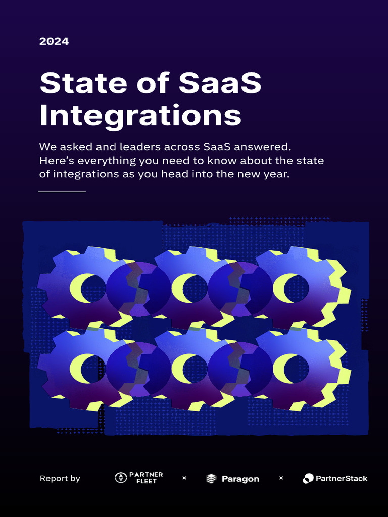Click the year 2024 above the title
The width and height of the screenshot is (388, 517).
54,42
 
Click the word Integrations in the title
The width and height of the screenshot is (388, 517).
140,116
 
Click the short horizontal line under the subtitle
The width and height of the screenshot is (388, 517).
62,192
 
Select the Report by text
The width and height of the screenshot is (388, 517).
60,479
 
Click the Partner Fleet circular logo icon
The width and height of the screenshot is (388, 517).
121,478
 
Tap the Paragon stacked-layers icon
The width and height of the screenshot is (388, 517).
212,479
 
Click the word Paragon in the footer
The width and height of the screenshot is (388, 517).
240,479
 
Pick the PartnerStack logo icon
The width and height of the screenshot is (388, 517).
308,478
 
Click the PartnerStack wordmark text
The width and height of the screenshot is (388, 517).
342,478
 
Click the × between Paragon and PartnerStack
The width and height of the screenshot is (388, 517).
281,478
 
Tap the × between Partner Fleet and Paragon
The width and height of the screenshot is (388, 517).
184,478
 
